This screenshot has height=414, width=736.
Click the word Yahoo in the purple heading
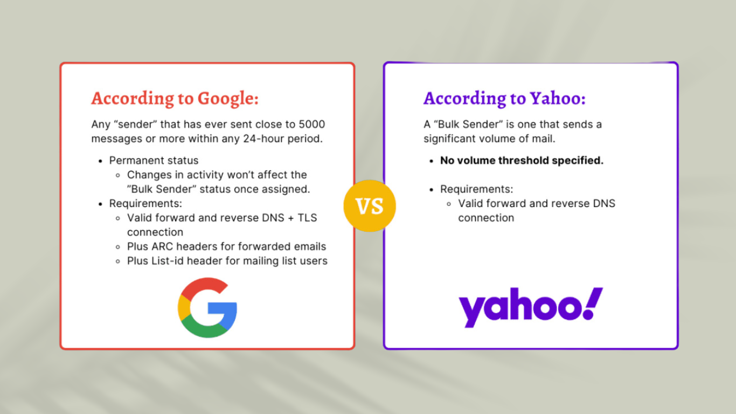(x=557, y=98)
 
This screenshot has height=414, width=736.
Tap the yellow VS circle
(x=370, y=206)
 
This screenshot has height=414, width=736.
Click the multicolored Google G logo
(x=207, y=307)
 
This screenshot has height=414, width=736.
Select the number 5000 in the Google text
(x=311, y=125)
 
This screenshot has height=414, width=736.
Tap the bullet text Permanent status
(x=154, y=161)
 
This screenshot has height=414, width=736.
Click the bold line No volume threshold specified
(x=522, y=161)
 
